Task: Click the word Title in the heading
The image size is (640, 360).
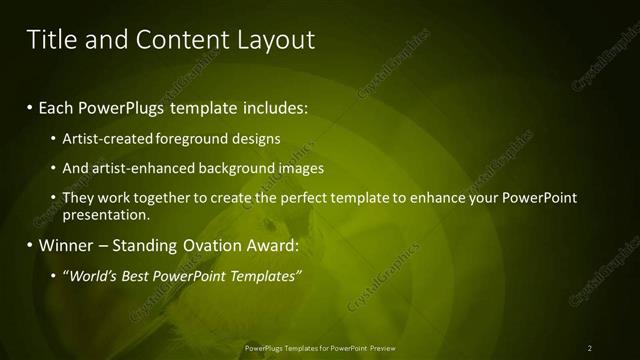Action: (x=49, y=40)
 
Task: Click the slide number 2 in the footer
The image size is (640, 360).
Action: (x=590, y=347)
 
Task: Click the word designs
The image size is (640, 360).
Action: (x=257, y=138)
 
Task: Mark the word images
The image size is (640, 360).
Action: (x=300, y=168)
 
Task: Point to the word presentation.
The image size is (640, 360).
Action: (x=106, y=214)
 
